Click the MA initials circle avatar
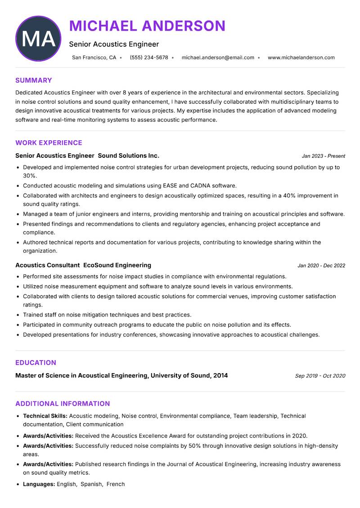(38, 39)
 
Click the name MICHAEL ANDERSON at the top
(147, 26)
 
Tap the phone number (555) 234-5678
(149, 58)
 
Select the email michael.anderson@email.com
(218, 58)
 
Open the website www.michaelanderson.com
(301, 58)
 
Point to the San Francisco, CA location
(94, 58)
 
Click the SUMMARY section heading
(34, 80)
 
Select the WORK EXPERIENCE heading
(49, 143)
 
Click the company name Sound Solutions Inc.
(128, 156)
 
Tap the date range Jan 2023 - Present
(323, 156)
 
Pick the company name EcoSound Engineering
(117, 265)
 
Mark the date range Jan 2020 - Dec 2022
(321, 266)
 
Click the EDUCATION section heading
(36, 363)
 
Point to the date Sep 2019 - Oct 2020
(320, 376)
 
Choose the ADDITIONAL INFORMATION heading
(63, 404)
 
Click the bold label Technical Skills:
(45, 416)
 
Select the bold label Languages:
(39, 484)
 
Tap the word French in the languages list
(116, 484)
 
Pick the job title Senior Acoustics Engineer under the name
(114, 44)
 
